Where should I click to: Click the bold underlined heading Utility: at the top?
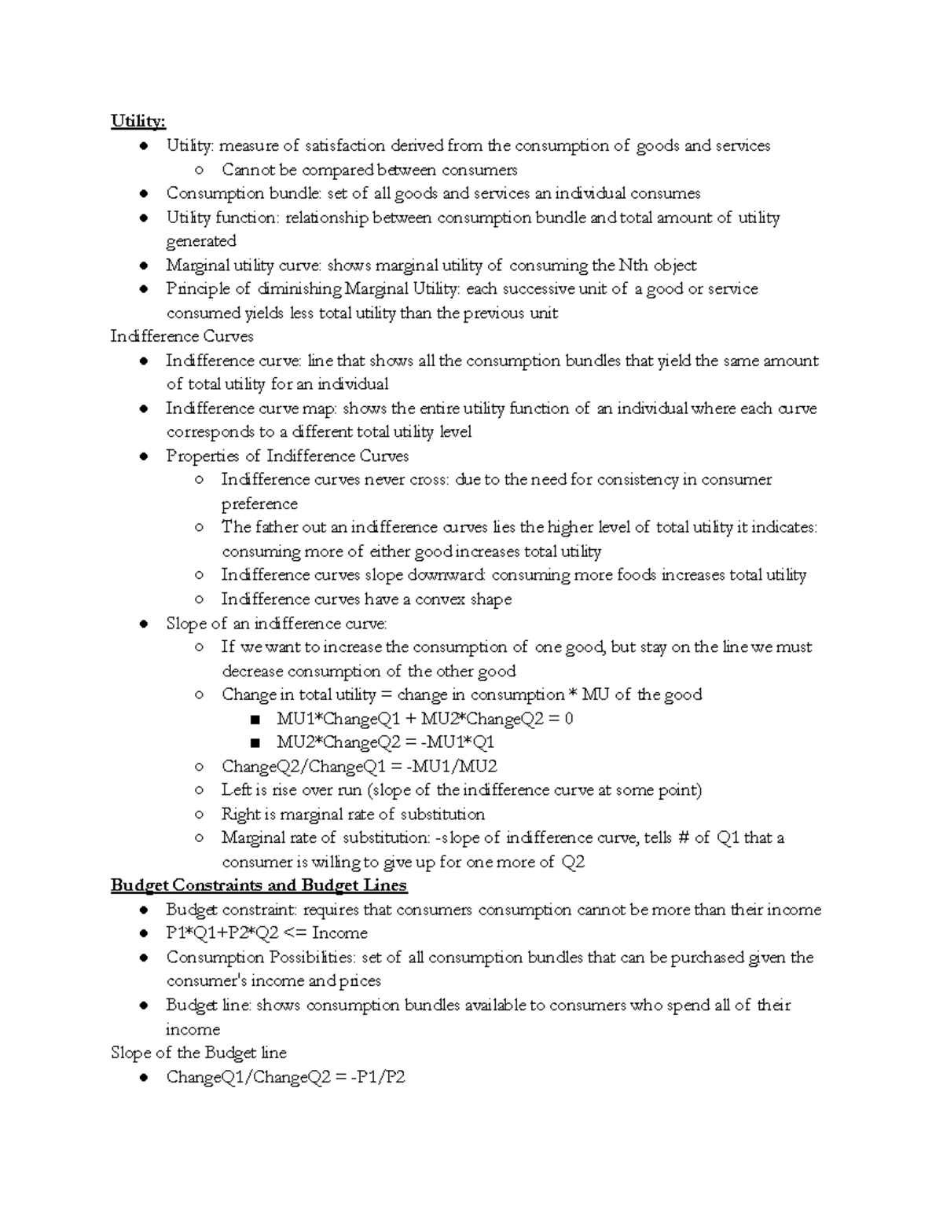pos(138,121)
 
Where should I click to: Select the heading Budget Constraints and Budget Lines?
pos(259,885)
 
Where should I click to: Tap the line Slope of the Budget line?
pos(198,1053)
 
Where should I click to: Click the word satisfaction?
pos(345,145)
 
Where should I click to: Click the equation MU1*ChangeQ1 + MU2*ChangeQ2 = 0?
pos(424,719)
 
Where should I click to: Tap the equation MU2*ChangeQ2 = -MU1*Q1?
pos(385,742)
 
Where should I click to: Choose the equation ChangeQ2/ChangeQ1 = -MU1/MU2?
pos(359,767)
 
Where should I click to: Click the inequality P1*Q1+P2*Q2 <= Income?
pos(266,933)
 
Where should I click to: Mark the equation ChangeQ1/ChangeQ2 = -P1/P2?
pos(285,1077)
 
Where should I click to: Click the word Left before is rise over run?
pos(235,790)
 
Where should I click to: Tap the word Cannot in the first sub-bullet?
pos(248,170)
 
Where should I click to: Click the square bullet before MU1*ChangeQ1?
pos(253,720)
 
